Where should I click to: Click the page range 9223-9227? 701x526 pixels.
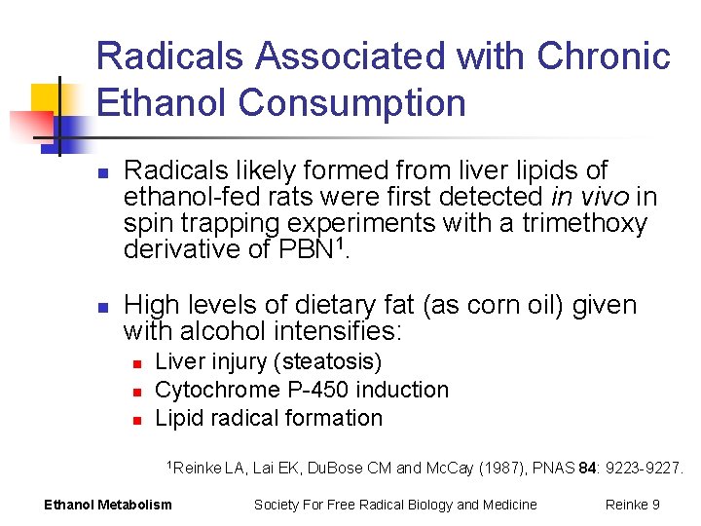pos(644,469)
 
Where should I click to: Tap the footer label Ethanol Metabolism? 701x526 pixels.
pos(108,504)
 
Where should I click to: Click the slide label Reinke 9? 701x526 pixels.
pos(632,504)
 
